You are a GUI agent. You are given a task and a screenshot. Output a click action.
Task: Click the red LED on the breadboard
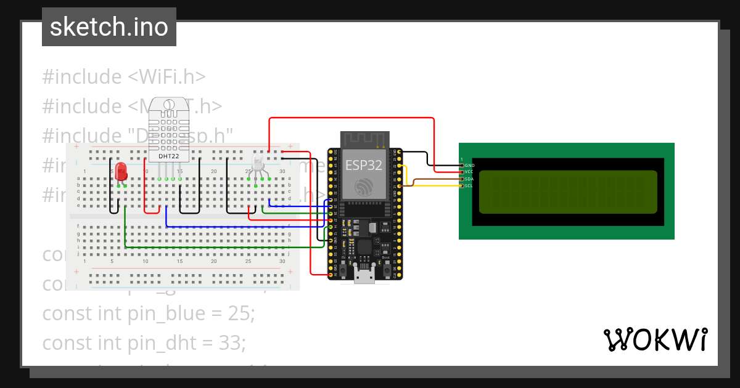121,170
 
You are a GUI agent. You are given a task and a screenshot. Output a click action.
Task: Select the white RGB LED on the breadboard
258,164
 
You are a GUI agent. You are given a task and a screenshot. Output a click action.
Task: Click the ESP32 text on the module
363,165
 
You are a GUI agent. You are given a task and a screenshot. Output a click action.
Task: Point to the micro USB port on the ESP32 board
364,275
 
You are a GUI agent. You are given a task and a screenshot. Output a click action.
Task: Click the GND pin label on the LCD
469,165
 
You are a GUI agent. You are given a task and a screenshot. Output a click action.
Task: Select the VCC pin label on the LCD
469,172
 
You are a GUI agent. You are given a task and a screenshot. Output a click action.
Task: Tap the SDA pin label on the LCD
469,179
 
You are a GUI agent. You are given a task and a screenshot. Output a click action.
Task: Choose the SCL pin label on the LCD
469,185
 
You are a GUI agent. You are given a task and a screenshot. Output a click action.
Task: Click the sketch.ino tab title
109,27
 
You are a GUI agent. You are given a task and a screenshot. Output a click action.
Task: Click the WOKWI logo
655,339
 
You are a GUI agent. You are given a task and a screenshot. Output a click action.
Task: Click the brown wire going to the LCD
432,179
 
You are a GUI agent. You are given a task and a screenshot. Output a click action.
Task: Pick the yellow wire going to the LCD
432,185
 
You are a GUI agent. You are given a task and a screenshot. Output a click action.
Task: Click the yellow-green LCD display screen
567,192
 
